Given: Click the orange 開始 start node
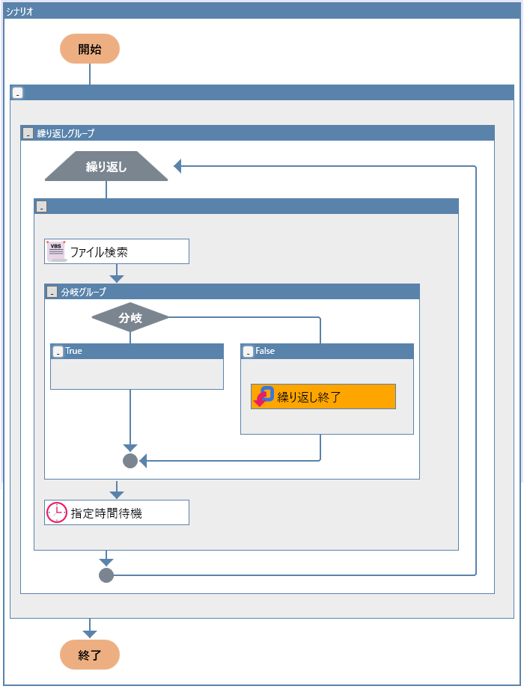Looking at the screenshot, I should [90, 49].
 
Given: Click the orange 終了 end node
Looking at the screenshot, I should [90, 655].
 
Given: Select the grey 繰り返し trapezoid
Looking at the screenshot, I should [106, 166].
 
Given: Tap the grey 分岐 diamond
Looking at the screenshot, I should [130, 318].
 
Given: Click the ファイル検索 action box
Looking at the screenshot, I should [117, 251].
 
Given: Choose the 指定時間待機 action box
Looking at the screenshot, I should [117, 512].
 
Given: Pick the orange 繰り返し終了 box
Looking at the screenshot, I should [323, 396].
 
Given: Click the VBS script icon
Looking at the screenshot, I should [56, 251].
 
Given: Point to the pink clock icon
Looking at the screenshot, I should [57, 512].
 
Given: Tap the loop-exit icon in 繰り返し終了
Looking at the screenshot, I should [264, 396].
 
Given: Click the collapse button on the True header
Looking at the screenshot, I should [58, 352].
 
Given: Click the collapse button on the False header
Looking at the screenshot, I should [249, 352].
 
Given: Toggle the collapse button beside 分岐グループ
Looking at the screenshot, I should [52, 292].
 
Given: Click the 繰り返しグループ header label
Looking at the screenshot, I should [66, 133].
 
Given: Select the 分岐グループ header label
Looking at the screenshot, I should [83, 292].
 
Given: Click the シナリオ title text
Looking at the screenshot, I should [19, 11].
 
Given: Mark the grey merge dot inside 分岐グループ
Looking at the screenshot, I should [130, 461].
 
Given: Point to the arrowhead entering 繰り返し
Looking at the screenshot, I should [179, 166].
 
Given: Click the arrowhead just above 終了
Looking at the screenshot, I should [90, 634].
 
